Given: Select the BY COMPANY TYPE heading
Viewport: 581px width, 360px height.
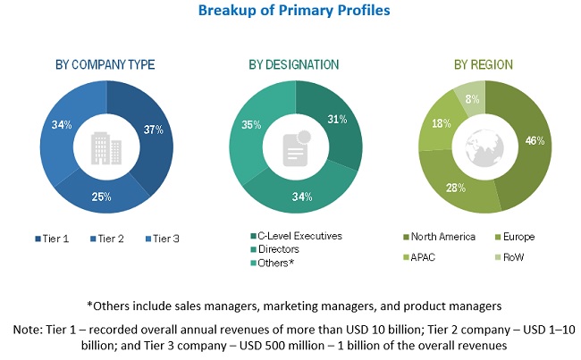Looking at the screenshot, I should pos(105,64).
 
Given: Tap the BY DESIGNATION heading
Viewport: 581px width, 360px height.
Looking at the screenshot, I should pos(294,64).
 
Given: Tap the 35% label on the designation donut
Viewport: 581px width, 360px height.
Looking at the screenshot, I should pos(251,126).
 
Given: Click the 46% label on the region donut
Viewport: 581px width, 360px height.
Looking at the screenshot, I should pos(535,141).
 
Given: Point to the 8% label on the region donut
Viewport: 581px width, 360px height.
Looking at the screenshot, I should pos(470,99).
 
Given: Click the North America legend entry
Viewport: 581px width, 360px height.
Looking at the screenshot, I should pos(442,237).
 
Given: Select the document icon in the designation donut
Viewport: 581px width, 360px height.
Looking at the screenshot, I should pos(294,148).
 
